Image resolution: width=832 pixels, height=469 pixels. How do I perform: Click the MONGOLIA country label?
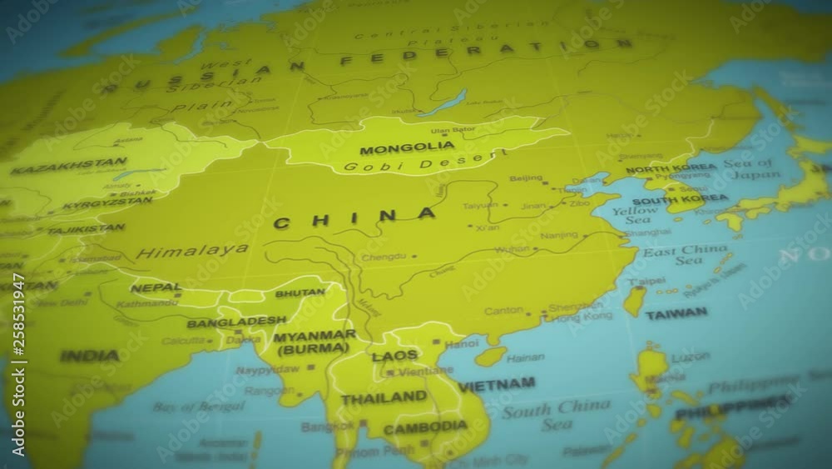407,149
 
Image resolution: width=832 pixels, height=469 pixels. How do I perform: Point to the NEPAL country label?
155,288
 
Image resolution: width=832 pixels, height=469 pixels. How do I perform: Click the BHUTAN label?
300,293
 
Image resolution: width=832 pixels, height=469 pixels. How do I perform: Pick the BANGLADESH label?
236,322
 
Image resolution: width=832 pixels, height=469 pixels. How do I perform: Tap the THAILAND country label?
384,398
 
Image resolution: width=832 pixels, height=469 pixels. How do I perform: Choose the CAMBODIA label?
425,427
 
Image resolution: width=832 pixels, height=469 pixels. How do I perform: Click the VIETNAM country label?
497,385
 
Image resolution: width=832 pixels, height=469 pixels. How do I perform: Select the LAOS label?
394,356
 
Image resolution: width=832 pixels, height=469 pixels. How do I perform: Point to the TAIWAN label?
676,314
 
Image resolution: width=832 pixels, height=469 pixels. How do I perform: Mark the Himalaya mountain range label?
192,251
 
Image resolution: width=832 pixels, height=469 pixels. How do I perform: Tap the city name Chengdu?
384,257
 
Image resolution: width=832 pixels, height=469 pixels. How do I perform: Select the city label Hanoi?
463,342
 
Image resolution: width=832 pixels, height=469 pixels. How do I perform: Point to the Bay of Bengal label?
199,407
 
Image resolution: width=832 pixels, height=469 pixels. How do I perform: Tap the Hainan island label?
525,358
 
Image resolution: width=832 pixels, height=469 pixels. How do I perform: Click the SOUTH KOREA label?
680,200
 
